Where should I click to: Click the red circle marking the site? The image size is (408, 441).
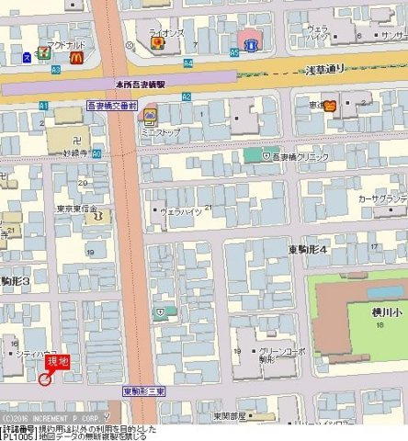[44, 379]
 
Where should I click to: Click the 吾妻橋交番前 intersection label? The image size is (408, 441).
[111, 107]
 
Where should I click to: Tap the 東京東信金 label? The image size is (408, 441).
[76, 209]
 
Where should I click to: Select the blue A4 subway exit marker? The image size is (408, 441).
[187, 62]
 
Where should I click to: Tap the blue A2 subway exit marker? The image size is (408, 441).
[186, 96]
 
